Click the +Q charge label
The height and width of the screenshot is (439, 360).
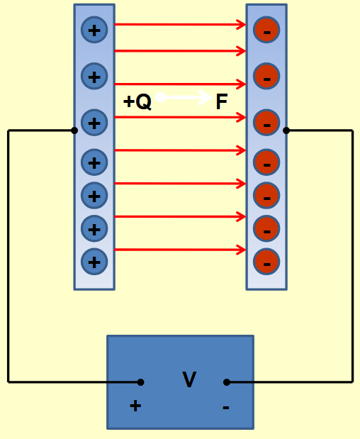137,102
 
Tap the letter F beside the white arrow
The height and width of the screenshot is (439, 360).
221,102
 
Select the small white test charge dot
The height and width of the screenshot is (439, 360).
160,97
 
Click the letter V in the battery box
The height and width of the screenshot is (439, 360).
189,380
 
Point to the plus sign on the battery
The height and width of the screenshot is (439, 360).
135,406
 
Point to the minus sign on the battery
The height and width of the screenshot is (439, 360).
225,407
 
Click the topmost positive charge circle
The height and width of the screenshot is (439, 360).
94,30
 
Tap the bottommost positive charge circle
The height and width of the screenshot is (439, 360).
94,262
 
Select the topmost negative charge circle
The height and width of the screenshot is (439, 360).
266,30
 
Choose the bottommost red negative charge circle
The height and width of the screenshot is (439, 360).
266,262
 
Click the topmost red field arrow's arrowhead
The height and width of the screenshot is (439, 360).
241,25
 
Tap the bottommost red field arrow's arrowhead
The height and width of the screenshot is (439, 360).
241,250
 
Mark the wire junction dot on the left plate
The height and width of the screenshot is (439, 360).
74,130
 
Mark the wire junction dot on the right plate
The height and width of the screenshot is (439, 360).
286,130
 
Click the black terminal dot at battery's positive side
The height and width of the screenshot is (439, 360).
140,382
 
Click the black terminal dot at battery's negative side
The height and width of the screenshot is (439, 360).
227,382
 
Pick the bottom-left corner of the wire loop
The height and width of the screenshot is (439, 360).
9,382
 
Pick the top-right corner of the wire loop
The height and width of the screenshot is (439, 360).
352,130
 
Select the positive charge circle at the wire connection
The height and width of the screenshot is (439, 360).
94,123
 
